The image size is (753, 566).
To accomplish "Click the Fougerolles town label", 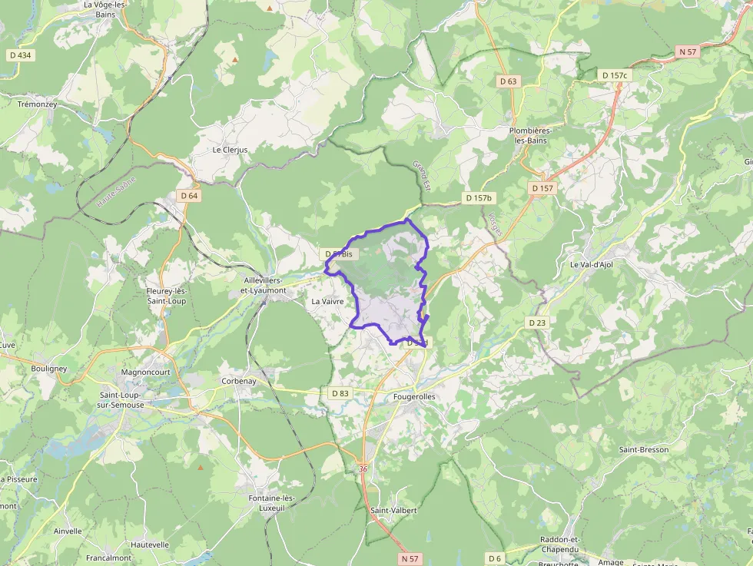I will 414,396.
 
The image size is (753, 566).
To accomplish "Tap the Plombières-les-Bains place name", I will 541,135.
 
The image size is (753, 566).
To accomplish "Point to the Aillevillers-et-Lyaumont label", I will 264,286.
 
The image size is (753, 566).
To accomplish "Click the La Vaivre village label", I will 327,302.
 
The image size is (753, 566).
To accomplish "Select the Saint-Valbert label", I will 393,511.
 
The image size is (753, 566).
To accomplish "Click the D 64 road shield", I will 189,196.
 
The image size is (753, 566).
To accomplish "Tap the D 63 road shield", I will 509,81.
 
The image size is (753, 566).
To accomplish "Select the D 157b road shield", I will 478,198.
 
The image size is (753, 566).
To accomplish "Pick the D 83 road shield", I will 340,393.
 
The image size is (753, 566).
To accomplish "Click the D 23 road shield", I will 537,323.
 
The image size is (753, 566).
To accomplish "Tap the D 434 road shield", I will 20,55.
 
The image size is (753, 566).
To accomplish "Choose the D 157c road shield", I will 615,74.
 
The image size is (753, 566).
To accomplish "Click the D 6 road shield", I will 494,558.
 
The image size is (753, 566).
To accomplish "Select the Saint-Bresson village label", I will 644,449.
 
